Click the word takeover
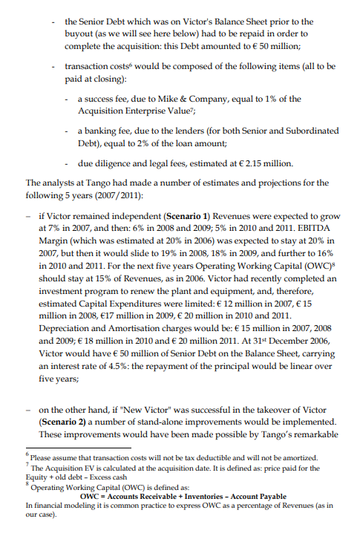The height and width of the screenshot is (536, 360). pos(261,408)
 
